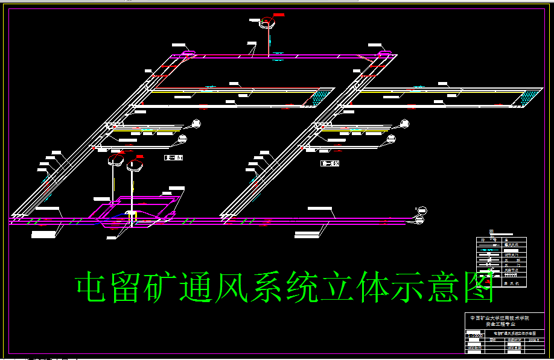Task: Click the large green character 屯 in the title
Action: click(x=95, y=288)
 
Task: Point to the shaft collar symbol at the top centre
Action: click(x=266, y=23)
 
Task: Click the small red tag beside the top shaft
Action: click(x=279, y=14)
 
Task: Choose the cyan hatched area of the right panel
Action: click(x=529, y=95)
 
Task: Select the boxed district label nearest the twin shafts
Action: click(x=173, y=157)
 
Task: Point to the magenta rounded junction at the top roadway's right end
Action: click(x=384, y=55)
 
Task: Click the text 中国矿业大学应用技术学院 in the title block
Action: click(x=499, y=318)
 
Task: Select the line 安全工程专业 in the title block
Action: click(x=499, y=324)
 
